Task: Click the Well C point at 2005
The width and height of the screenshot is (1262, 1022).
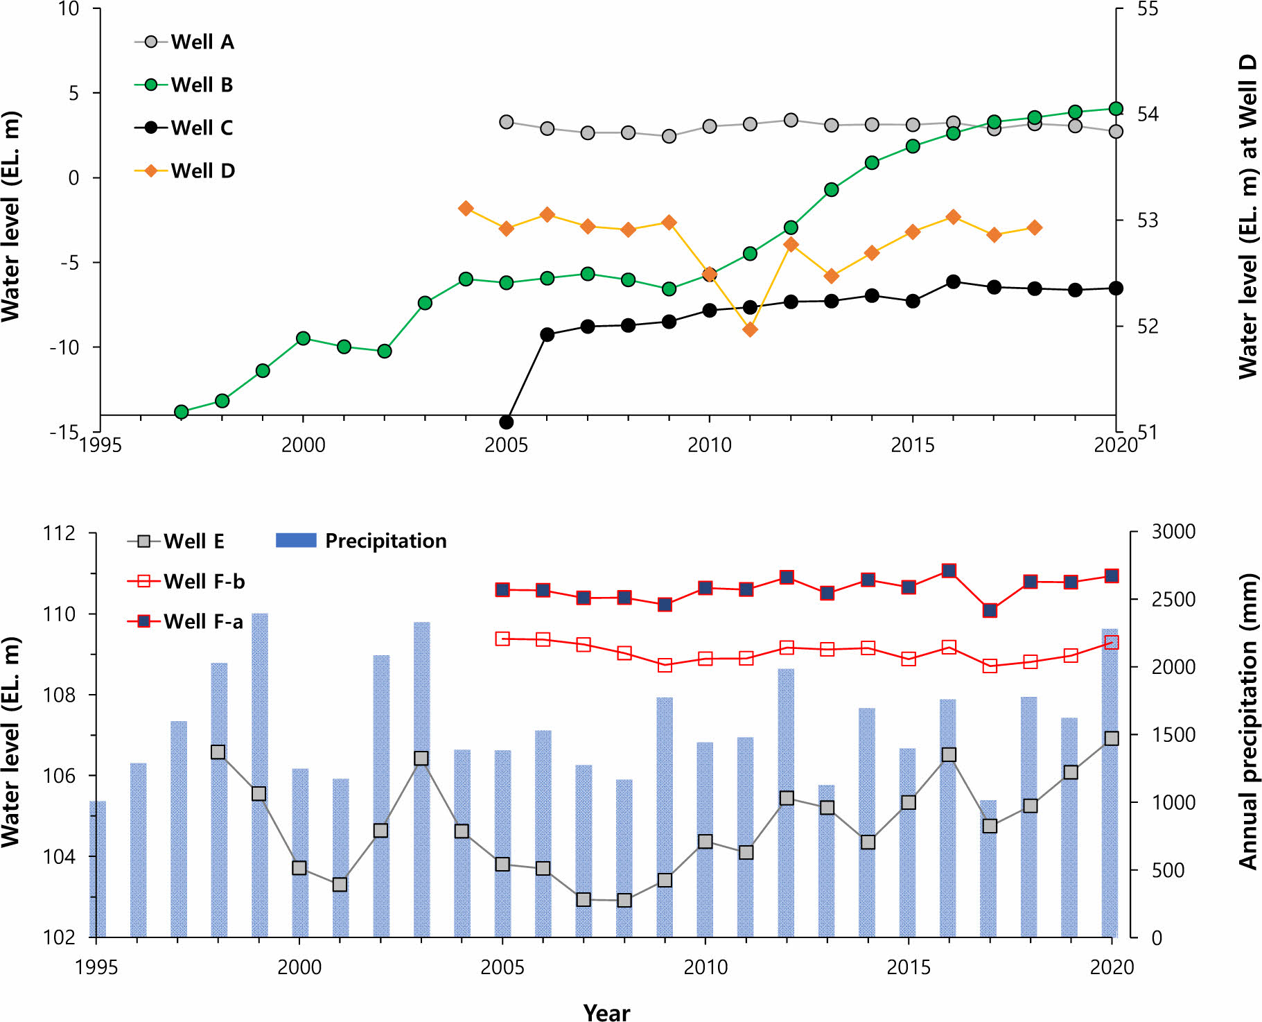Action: point(507,422)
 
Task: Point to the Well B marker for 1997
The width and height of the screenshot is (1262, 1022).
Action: point(182,412)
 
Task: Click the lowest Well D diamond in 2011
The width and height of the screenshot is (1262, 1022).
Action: point(750,329)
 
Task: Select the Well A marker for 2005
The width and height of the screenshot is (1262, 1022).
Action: point(507,122)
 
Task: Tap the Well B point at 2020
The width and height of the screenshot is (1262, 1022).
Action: point(1116,109)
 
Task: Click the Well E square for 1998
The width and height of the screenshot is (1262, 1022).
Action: point(218,752)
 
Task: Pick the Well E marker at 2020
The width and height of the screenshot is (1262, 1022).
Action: point(1112,738)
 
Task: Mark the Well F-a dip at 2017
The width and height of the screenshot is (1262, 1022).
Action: point(990,611)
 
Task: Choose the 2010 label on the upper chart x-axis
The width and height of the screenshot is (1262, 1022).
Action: point(709,445)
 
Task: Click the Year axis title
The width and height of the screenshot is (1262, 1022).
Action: point(606,1012)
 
